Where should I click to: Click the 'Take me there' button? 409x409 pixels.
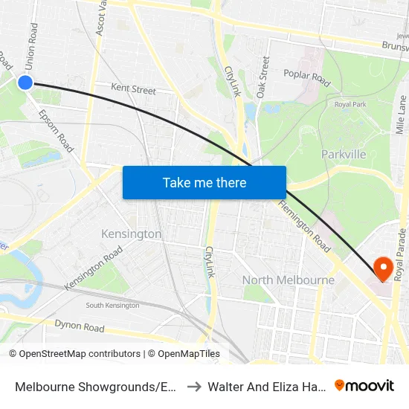[x=204, y=182]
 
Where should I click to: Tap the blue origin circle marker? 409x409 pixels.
[x=25, y=83]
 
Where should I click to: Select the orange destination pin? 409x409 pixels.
[x=384, y=268]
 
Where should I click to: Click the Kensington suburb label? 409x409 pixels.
[x=131, y=234]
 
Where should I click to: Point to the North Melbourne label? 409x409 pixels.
[x=289, y=280]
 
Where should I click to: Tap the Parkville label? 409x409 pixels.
[x=344, y=154]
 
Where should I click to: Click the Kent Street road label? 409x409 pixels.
[x=133, y=89]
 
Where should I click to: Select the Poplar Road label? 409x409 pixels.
[x=306, y=75]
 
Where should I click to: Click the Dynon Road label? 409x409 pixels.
[x=80, y=326]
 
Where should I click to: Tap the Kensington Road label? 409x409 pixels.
[x=93, y=268]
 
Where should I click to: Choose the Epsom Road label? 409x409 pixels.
[x=56, y=132]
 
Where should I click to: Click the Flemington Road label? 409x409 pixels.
[x=304, y=226]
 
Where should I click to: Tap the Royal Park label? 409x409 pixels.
[x=349, y=104]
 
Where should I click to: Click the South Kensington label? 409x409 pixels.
[x=112, y=306]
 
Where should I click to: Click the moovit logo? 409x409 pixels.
[x=364, y=385]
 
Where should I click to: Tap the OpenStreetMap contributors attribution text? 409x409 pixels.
[x=74, y=354]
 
